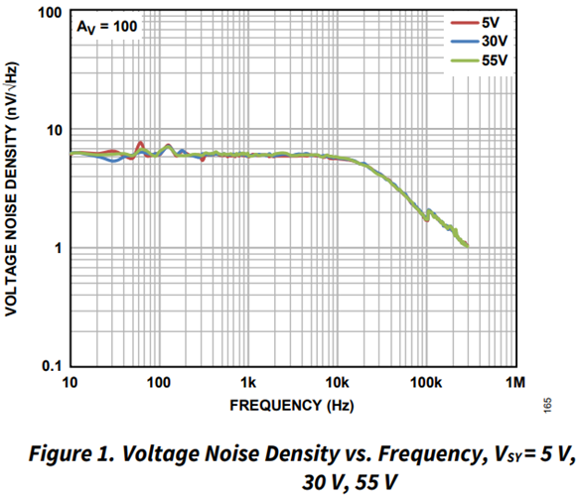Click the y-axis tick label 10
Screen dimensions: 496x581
pyautogui.click(x=51, y=130)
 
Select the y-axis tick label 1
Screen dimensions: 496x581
pyautogui.click(x=56, y=248)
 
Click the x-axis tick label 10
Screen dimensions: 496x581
pyautogui.click(x=70, y=383)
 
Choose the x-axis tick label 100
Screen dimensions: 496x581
pyautogui.click(x=159, y=383)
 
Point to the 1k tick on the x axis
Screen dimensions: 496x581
pyautogui.click(x=248, y=383)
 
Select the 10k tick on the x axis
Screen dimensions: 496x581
pyautogui.click(x=338, y=383)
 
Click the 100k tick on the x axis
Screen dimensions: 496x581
pyautogui.click(x=426, y=383)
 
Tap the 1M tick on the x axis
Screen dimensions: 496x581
pyautogui.click(x=514, y=383)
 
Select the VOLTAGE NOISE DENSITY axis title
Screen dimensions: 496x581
pyautogui.click(x=13, y=188)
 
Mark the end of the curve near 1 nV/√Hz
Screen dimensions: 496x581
pyautogui.click(x=466, y=245)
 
